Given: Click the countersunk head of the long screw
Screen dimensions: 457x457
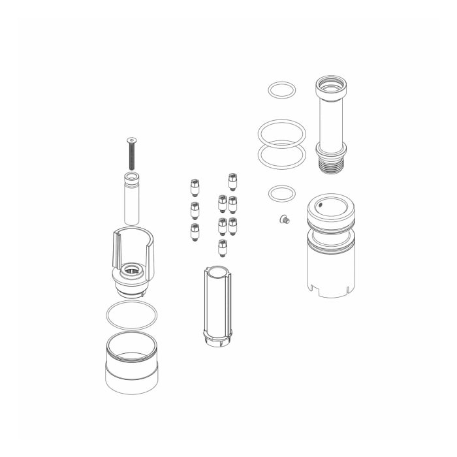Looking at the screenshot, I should pyautogui.click(x=133, y=139).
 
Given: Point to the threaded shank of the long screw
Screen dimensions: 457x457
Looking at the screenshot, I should pyautogui.click(x=133, y=157).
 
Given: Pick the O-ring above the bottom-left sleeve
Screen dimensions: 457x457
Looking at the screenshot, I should pyautogui.click(x=131, y=316).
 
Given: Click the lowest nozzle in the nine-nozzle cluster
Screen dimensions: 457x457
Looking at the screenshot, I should pyautogui.click(x=222, y=247).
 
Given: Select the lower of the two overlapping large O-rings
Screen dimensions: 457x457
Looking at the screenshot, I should pyautogui.click(x=281, y=155).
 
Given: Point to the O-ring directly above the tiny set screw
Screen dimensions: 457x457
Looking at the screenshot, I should pyautogui.click(x=281, y=193).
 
